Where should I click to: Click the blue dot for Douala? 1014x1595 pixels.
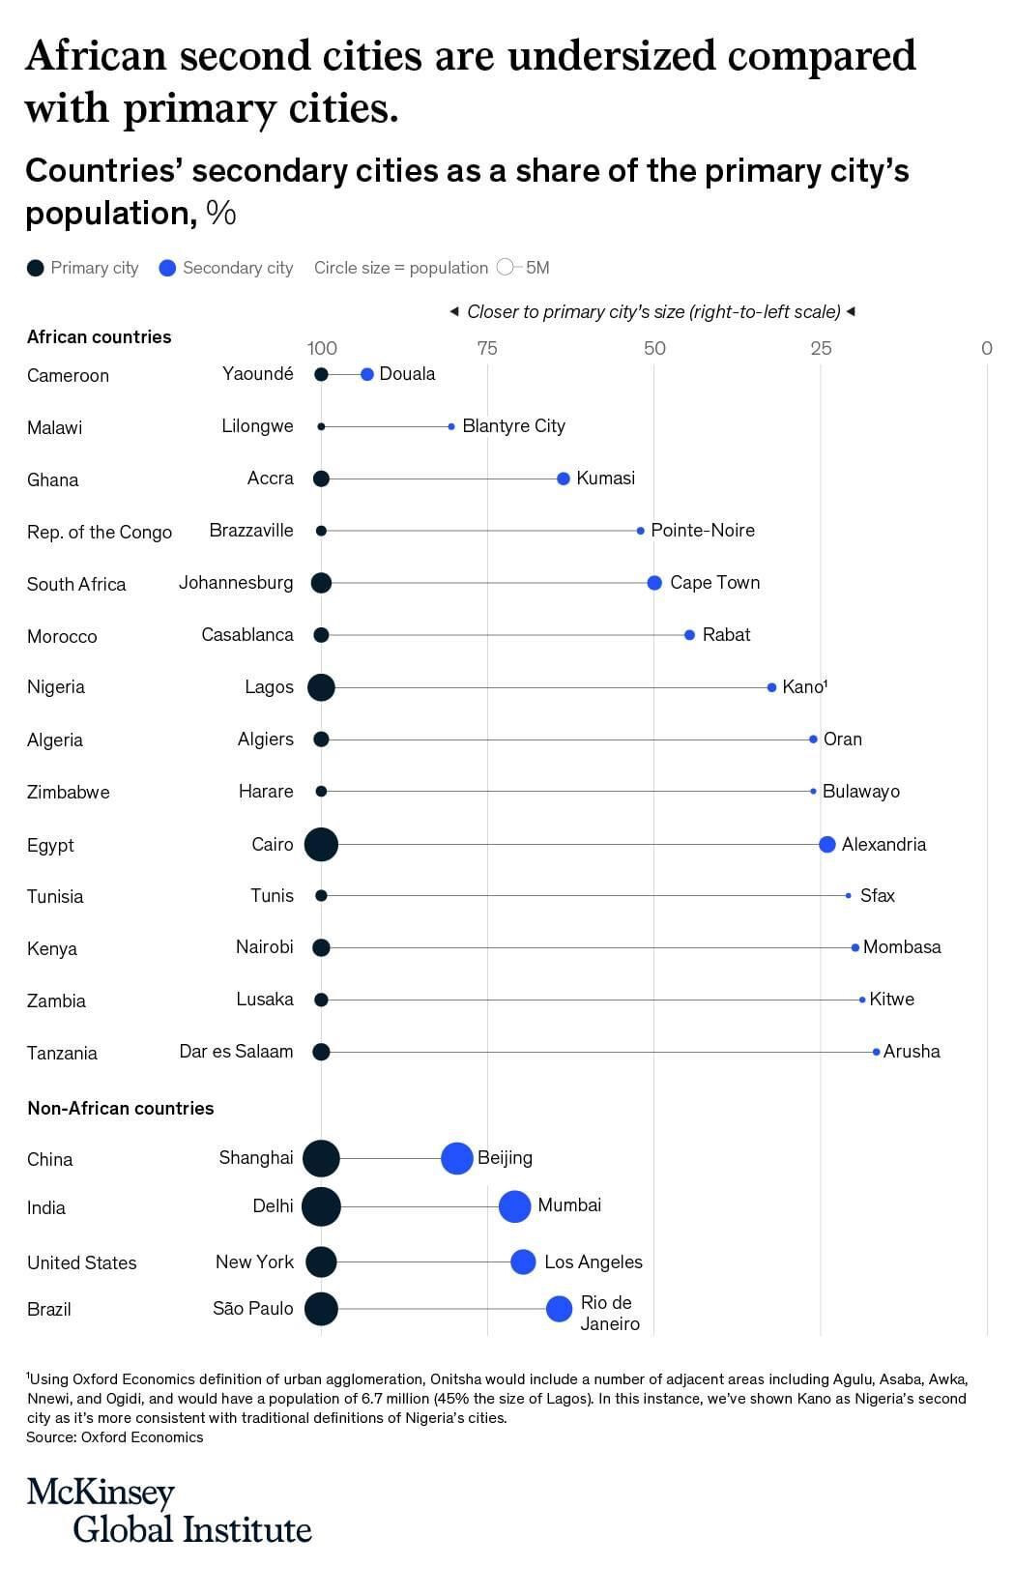pos(366,374)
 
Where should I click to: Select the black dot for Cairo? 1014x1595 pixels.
pos(321,844)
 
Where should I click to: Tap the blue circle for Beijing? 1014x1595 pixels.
pos(456,1158)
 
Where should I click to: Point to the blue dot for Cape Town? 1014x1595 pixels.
pos(654,583)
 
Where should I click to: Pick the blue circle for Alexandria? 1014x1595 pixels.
pos(826,844)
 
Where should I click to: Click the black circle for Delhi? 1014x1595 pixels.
pos(321,1206)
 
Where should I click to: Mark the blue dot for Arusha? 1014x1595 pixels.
pos(877,1052)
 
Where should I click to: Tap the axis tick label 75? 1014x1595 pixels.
pos(487,348)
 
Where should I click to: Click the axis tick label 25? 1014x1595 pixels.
pos(821,348)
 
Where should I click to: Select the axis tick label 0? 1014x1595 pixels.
pos(986,348)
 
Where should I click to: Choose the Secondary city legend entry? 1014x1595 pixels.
pos(226,268)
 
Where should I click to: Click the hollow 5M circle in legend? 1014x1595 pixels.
pos(505,268)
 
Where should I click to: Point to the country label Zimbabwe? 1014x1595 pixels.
pos(69,792)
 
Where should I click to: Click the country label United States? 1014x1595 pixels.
pos(82,1262)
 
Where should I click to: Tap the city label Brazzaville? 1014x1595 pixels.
pos(251,531)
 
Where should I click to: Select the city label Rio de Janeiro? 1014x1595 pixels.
pos(609,1313)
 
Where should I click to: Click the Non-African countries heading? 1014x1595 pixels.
pos(121,1108)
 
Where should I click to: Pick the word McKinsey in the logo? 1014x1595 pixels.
pos(101,1493)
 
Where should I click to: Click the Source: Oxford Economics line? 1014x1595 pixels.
pos(115,1437)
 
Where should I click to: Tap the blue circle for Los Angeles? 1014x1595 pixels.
pos(523,1261)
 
